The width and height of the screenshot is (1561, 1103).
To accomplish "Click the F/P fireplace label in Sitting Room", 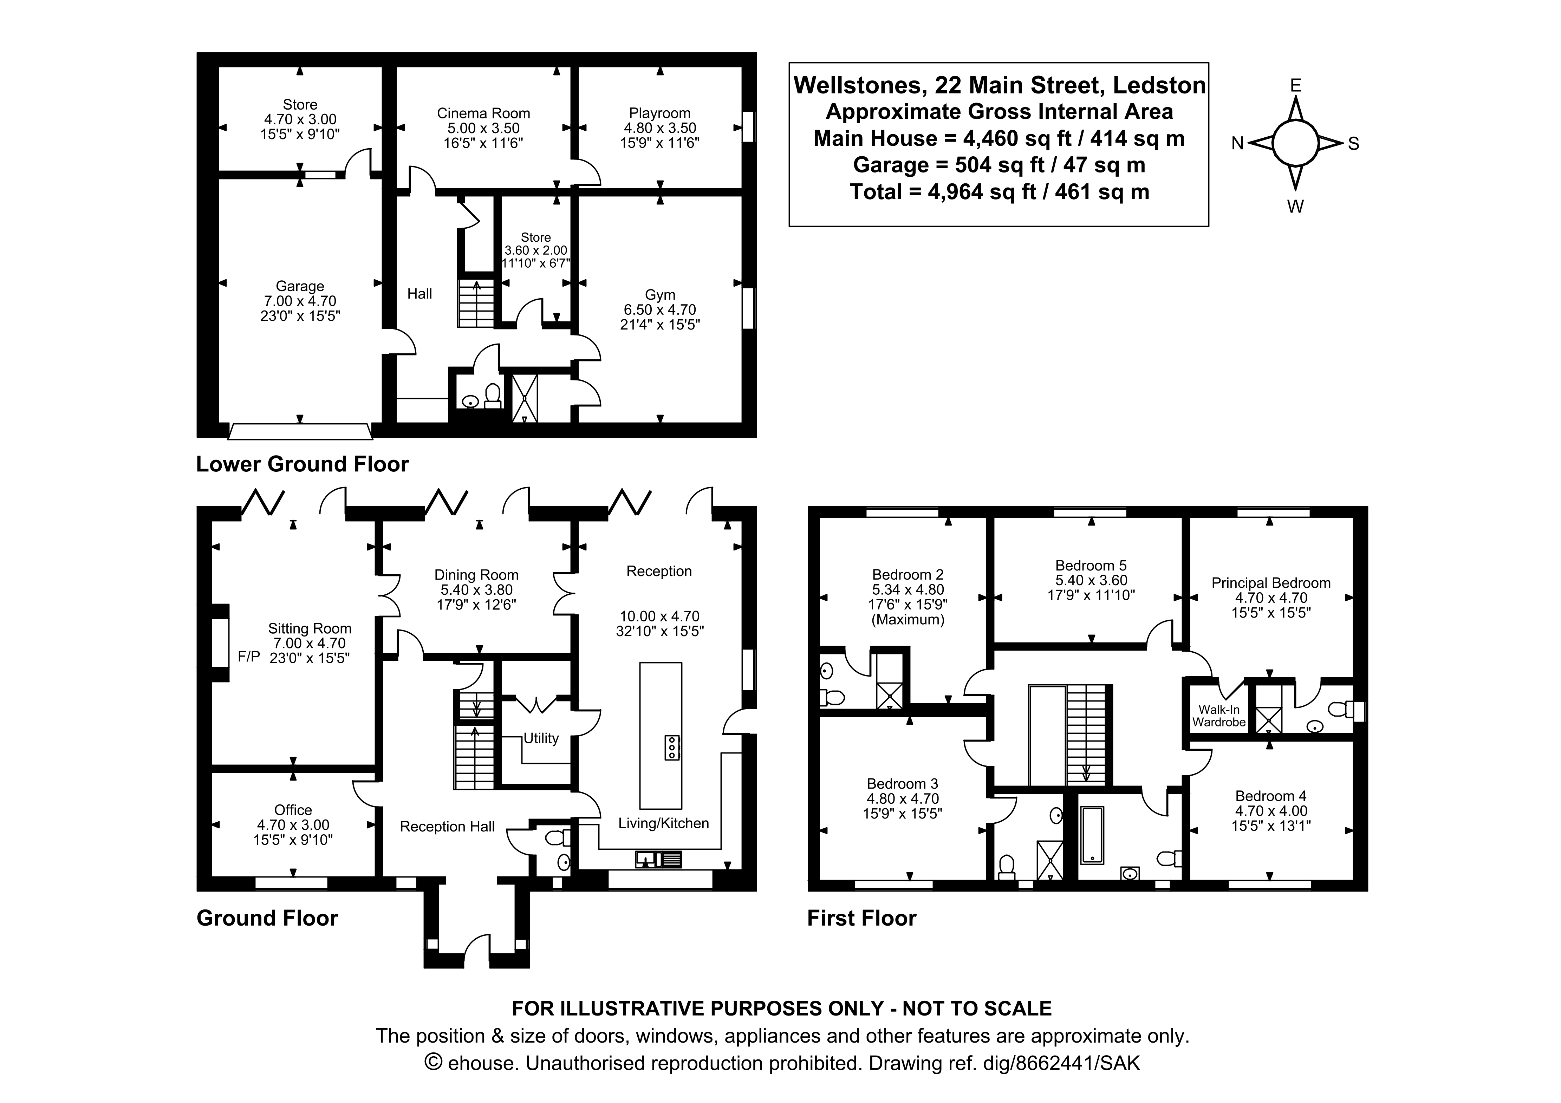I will (x=249, y=657).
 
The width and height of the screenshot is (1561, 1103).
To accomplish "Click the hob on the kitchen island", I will (x=672, y=748).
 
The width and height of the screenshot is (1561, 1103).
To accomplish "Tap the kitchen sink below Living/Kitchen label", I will (x=658, y=860).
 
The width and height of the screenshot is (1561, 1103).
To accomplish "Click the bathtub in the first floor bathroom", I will (x=1092, y=835).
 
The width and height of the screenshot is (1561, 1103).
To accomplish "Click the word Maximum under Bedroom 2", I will (x=908, y=620).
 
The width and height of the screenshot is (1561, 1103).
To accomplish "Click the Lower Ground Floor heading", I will (x=302, y=464).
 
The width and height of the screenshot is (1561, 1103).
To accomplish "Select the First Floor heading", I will (x=861, y=918).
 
